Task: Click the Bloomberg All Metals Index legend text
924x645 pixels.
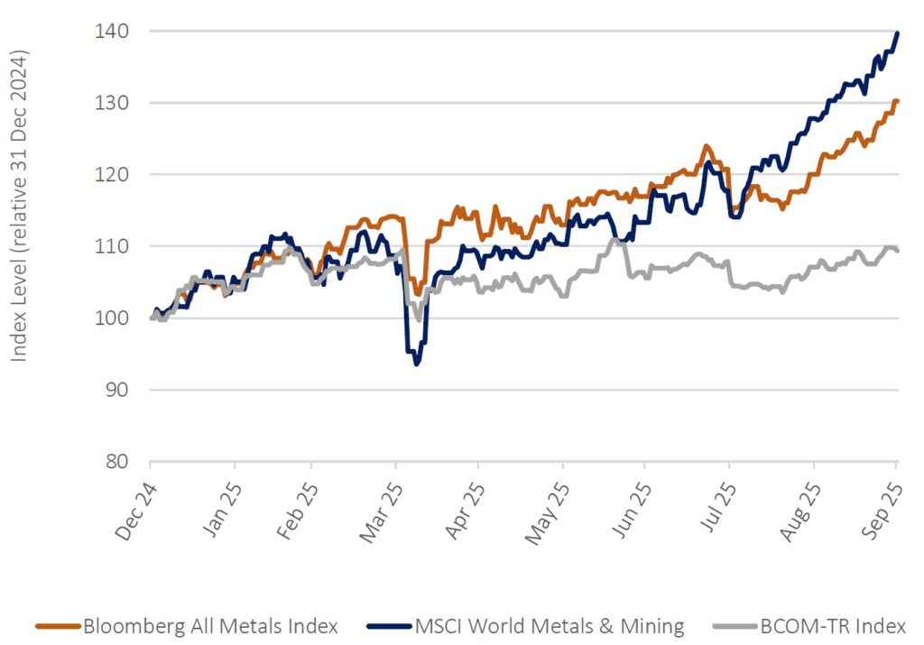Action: [209, 625]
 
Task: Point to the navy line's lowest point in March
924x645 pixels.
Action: [416, 364]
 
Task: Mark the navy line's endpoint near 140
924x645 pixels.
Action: [896, 33]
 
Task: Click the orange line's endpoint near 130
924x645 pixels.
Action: [896, 101]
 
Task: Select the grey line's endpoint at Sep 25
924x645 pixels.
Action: [896, 251]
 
